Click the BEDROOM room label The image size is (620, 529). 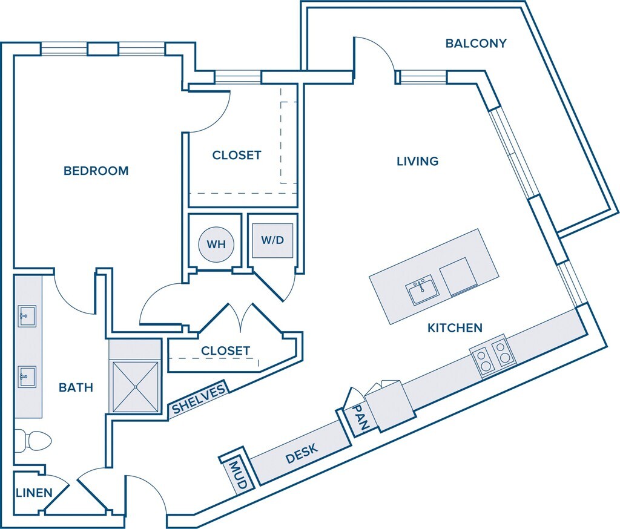(x=96, y=171)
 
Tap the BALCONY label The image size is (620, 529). (x=476, y=44)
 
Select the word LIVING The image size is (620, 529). (x=417, y=161)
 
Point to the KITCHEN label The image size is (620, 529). (x=455, y=328)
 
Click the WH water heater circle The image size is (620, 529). (x=216, y=245)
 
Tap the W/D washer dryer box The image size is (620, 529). (x=272, y=240)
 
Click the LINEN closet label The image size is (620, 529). (x=34, y=492)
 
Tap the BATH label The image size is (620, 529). (x=76, y=387)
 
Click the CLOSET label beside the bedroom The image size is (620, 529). (x=237, y=155)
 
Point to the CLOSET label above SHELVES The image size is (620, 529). (x=225, y=350)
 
